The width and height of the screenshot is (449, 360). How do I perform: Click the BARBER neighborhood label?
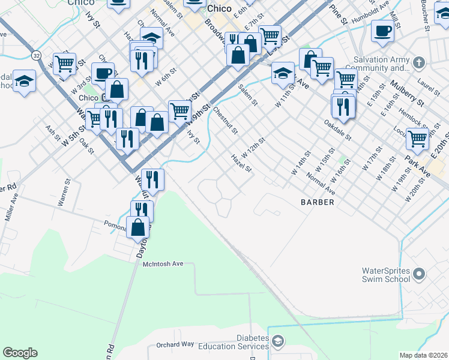[x=317, y=202]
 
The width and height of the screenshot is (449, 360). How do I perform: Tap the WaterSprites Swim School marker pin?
[x=419, y=275]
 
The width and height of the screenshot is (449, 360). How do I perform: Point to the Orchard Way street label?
[x=175, y=344]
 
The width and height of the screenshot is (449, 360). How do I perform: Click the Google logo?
[x=20, y=353]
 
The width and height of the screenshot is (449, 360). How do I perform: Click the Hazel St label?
[x=241, y=163]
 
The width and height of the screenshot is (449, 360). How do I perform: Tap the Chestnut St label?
[x=226, y=119]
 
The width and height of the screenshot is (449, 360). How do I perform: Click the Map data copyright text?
[x=423, y=355]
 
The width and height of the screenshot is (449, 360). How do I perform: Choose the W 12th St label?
[x=253, y=147]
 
